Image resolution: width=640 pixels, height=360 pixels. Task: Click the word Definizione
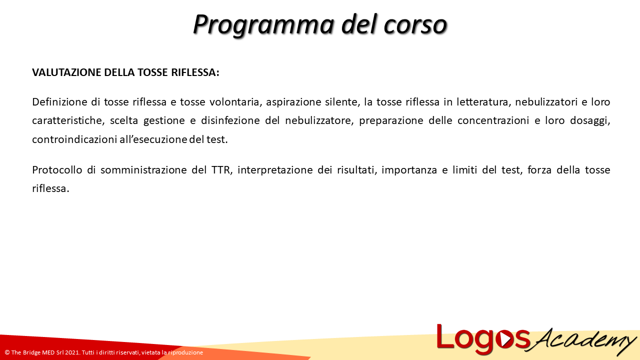coord(59,102)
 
